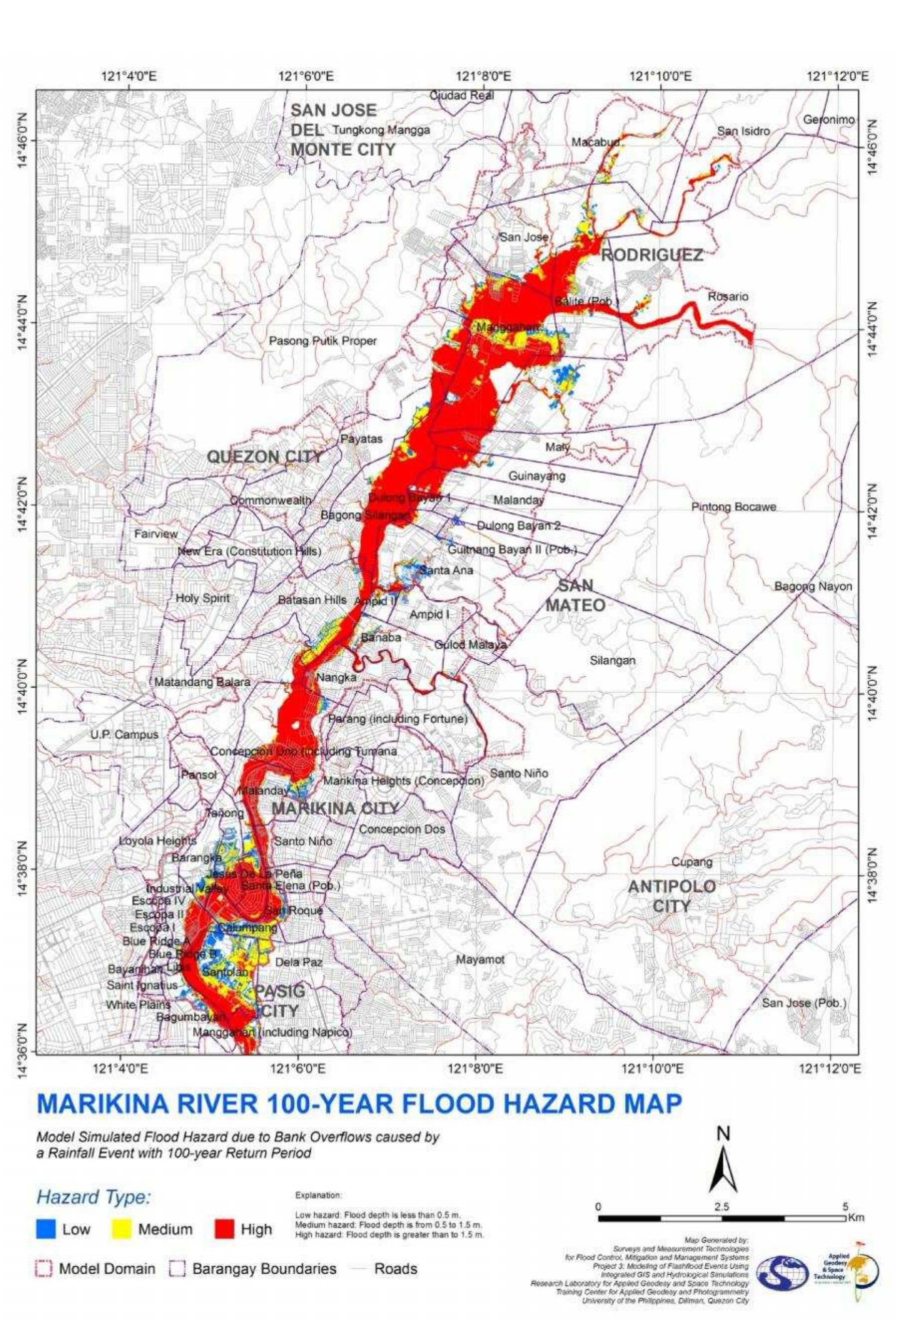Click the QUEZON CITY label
pos(264,457)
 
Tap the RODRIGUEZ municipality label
pos(651,255)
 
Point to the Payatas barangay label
pos(361,439)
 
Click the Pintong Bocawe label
pos(734,506)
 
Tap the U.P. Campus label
pos(124,734)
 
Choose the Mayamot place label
pos(480,960)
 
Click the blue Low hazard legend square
pos(45,1229)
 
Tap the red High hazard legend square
pos(224,1229)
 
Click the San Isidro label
pos(743,131)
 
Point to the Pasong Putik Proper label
pos(322,341)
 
